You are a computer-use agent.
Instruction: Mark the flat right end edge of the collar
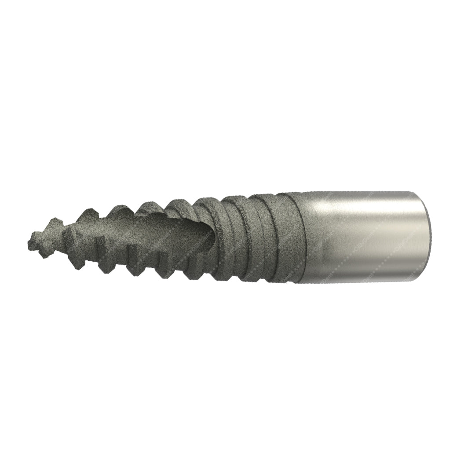point(427,237)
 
